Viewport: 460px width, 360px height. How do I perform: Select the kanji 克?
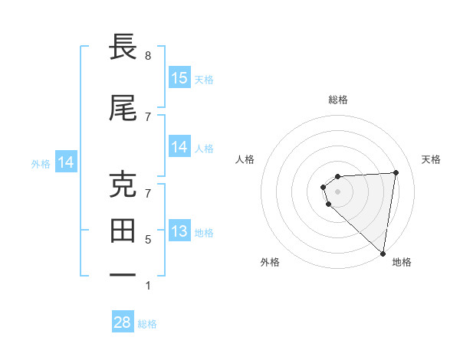[123, 185]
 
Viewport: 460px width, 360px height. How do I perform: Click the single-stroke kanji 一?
[123, 275]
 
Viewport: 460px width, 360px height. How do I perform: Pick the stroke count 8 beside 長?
[148, 56]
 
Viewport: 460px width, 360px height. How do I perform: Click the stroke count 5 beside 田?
[148, 239]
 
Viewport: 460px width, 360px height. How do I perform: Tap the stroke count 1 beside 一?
[148, 286]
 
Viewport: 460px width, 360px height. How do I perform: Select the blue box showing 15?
[179, 78]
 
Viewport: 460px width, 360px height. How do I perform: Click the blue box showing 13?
[179, 231]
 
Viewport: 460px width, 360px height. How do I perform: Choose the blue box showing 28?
[123, 322]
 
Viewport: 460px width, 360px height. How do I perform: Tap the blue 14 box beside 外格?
[66, 162]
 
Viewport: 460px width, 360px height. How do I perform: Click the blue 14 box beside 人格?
[179, 147]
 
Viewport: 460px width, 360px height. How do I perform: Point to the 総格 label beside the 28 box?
[147, 324]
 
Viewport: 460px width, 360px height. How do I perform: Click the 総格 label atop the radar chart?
[338, 100]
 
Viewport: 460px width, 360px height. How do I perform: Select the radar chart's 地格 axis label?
[402, 262]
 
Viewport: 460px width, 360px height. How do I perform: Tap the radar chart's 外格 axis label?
[270, 262]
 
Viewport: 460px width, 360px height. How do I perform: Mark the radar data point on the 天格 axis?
[396, 172]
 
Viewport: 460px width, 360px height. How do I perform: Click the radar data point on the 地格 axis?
[383, 254]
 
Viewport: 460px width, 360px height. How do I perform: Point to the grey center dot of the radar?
[338, 191]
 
